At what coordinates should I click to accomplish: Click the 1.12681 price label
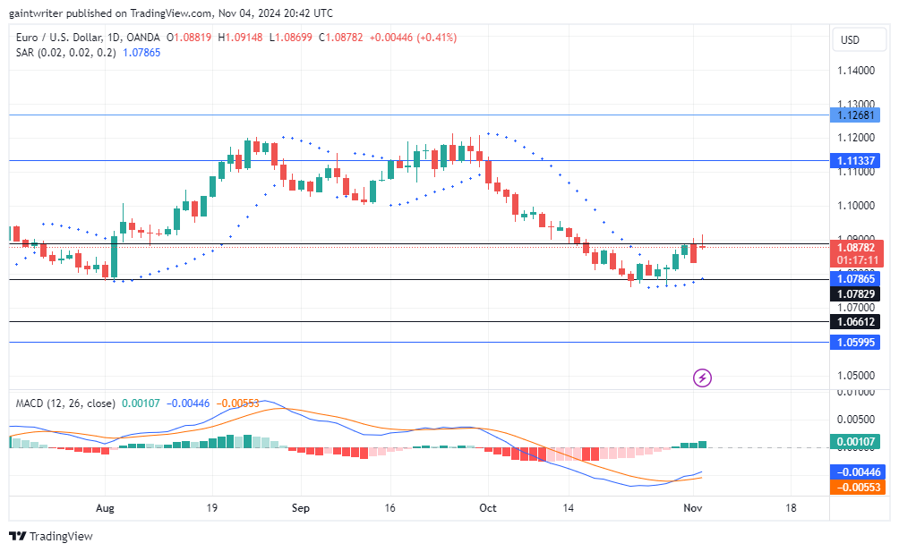(856, 115)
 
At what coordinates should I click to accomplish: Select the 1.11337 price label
(856, 161)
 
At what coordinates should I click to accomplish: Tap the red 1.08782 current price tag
(856, 246)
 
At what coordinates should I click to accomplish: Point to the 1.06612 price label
(856, 321)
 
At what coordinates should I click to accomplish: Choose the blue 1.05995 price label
(856, 342)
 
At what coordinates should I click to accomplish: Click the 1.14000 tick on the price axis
(856, 70)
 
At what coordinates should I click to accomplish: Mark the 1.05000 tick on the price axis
(856, 376)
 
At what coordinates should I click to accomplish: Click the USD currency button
(850, 40)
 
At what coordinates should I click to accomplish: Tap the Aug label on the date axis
(106, 507)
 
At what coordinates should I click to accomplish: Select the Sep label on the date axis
(301, 507)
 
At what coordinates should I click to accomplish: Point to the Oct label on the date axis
(488, 507)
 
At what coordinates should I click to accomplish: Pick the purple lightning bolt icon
(703, 378)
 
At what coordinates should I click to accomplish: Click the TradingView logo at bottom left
(51, 536)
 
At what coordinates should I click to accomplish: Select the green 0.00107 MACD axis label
(856, 441)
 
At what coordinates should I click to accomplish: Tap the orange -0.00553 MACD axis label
(856, 488)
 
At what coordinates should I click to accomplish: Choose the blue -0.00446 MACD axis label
(856, 471)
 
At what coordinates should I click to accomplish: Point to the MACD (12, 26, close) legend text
(65, 403)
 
